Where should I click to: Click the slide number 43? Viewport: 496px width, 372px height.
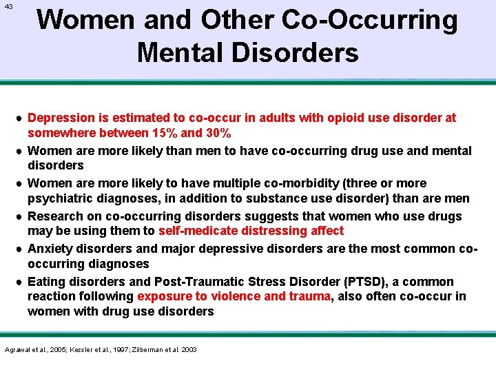8,7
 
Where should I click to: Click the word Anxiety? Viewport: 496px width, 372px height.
50,249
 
